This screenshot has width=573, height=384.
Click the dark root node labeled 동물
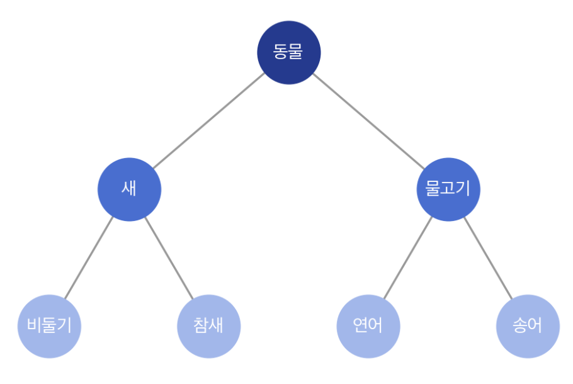(289, 53)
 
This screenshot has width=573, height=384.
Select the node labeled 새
(129, 189)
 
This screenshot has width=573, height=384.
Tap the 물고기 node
(448, 189)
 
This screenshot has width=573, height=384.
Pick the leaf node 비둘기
(49, 326)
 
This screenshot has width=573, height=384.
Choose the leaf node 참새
(209, 326)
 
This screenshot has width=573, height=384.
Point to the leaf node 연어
(368, 326)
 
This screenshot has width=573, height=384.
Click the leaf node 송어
(528, 326)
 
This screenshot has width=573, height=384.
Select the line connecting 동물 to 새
(209, 121)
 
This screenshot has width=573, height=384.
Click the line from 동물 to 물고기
(369, 121)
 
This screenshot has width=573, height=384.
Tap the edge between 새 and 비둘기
(89, 258)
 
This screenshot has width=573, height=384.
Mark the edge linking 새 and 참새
(169, 258)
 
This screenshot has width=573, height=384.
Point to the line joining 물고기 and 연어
(408, 258)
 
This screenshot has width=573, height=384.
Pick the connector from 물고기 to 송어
(488, 258)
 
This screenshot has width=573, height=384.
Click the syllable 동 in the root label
(280, 52)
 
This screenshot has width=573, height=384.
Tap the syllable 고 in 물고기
(448, 188)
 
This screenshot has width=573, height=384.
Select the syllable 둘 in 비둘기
(49, 325)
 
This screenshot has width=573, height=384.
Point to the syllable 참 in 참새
(201, 325)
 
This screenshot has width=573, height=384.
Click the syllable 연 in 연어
(360, 325)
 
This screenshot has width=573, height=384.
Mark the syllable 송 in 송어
(519, 325)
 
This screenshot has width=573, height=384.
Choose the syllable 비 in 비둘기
(35, 325)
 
